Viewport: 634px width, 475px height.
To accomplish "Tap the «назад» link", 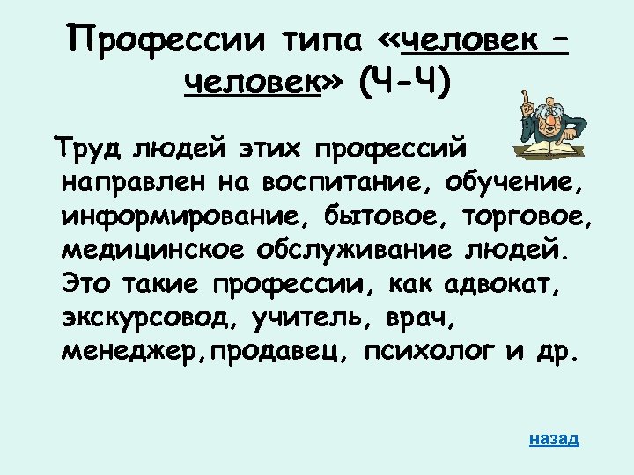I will (554, 438).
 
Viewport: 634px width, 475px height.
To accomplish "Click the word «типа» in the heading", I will (325, 40).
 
